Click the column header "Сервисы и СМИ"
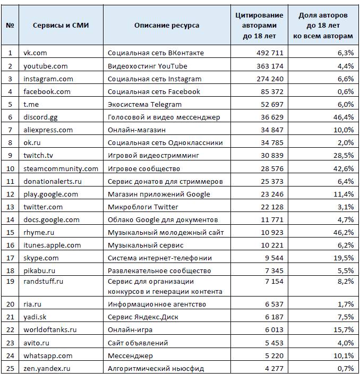click(61, 26)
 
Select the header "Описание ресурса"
click(167, 26)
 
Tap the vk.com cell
click(35, 53)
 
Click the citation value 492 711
click(270, 53)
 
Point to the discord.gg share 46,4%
click(344, 117)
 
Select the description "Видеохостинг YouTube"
click(148, 66)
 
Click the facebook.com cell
click(47, 91)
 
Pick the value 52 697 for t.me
click(272, 105)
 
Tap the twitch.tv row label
click(38, 156)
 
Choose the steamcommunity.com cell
click(61, 168)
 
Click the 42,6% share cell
click(344, 168)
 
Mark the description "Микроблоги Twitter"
click(143, 207)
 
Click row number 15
click(10, 233)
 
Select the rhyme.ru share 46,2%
click(344, 233)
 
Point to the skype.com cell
click(41, 258)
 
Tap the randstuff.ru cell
click(43, 282)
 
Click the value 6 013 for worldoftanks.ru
click(274, 330)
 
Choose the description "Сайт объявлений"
click(138, 343)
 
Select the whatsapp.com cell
click(48, 356)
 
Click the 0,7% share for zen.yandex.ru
click(346, 369)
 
